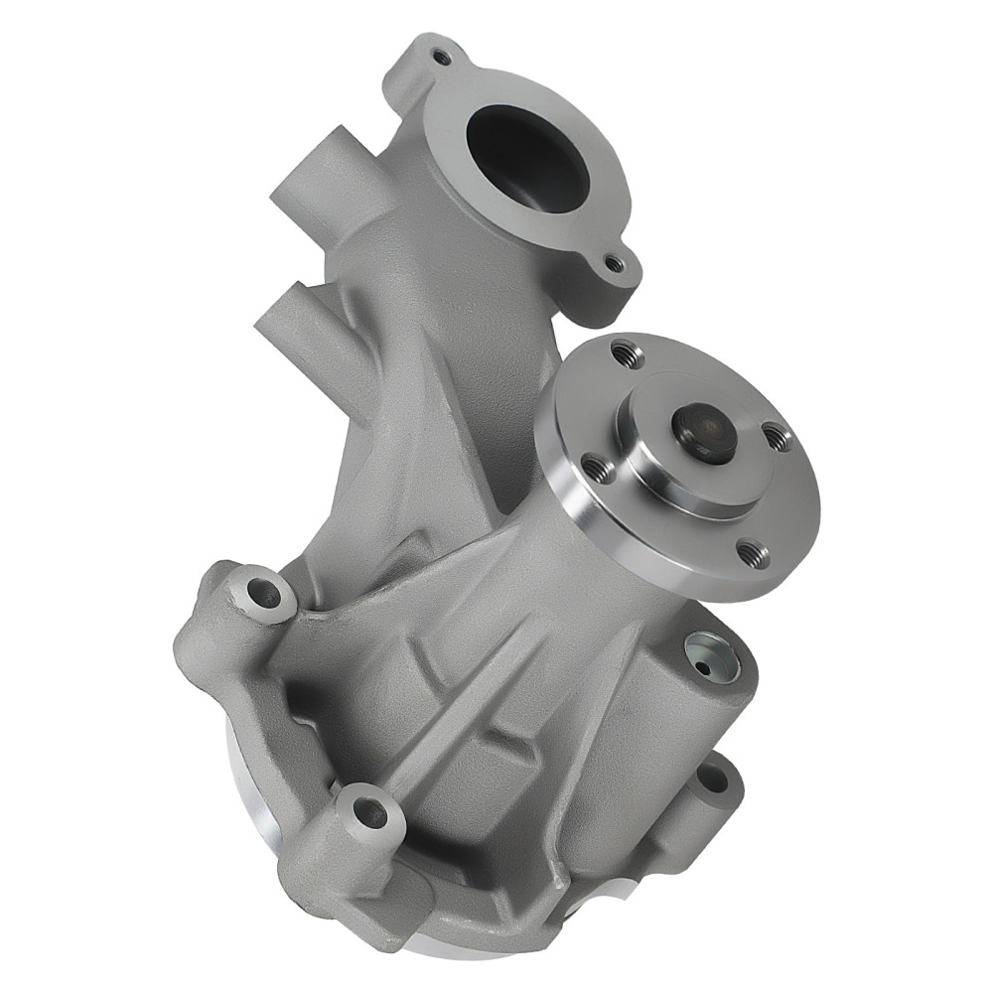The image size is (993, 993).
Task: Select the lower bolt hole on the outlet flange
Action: tap(615, 264)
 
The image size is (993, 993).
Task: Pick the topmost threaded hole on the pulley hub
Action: tap(623, 350)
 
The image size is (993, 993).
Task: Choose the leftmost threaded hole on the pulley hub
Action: tap(595, 463)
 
